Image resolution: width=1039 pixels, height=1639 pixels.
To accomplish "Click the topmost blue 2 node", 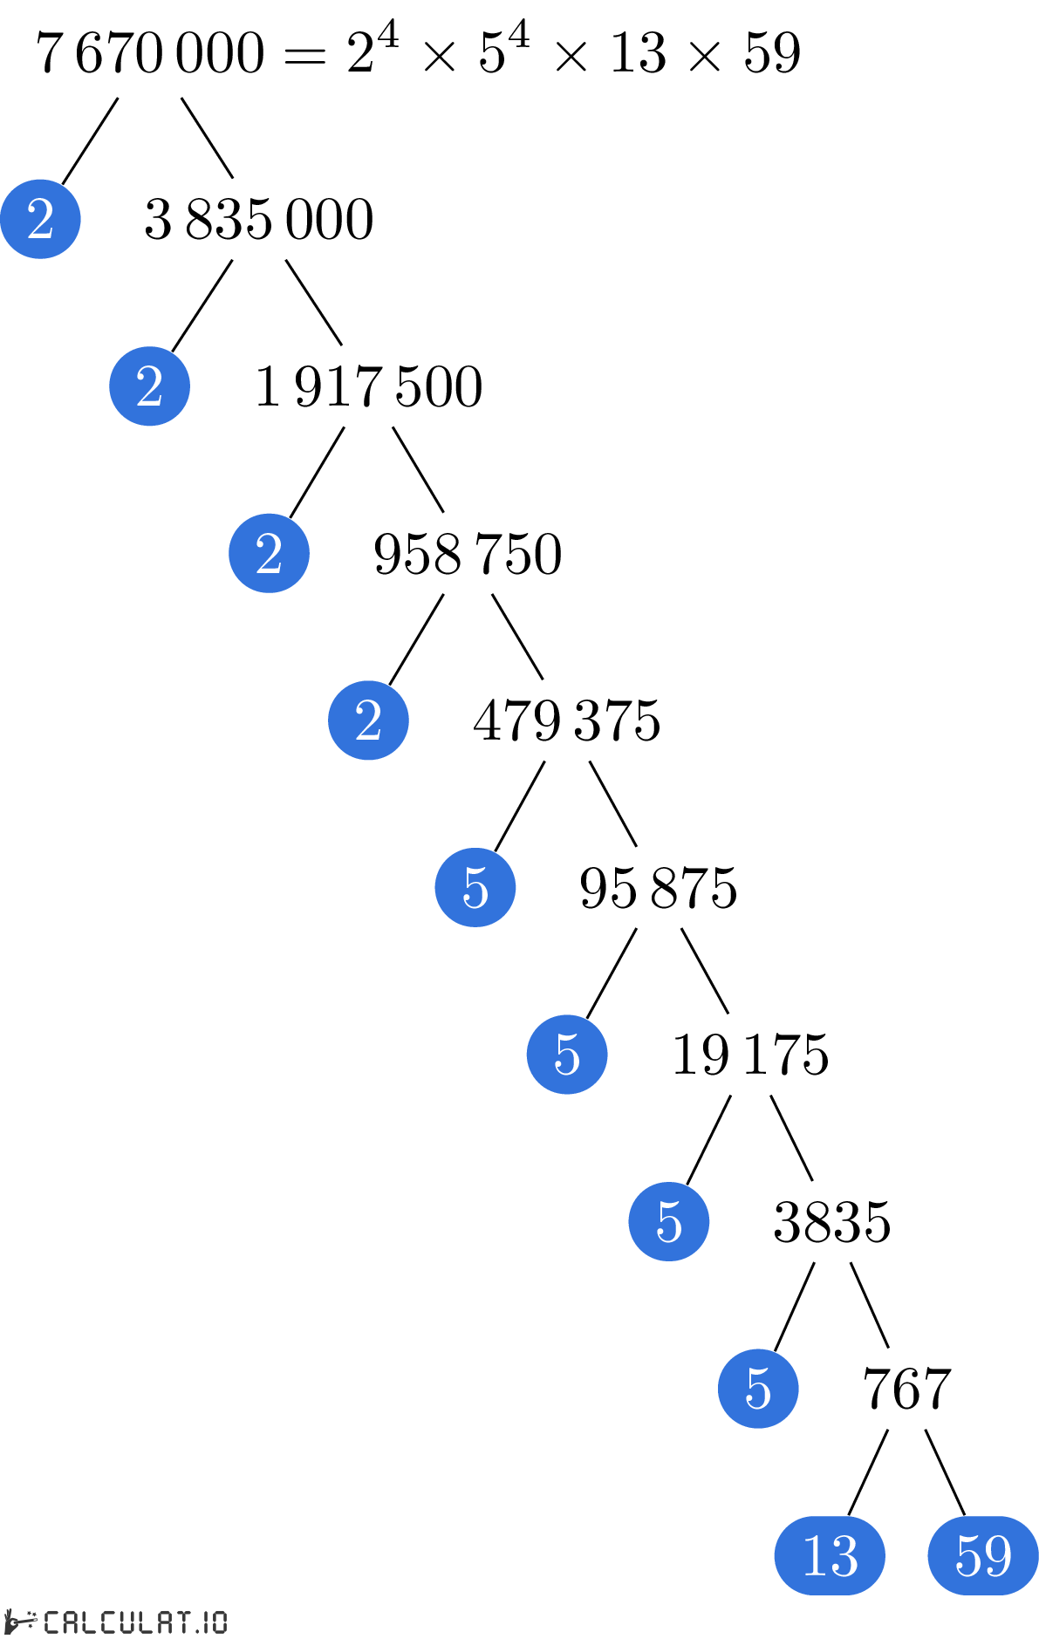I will click(40, 219).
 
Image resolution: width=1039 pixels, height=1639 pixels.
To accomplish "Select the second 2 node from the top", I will click(149, 386).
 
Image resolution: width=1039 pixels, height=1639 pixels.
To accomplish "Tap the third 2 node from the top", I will click(269, 553).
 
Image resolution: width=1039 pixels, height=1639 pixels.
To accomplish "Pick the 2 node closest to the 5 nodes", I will click(368, 720).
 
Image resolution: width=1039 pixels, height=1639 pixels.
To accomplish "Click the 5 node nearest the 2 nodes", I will click(475, 887).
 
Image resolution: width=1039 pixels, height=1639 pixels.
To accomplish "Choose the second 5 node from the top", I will click(567, 1055).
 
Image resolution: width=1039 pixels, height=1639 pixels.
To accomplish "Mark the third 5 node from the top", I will click(669, 1221).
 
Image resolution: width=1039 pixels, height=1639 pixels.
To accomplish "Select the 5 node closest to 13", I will click(758, 1389).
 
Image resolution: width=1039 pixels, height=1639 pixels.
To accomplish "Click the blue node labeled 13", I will click(830, 1555).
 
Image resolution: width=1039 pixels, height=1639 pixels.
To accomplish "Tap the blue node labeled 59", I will click(983, 1555).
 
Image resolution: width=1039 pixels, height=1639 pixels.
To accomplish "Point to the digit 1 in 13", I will click(814, 1555).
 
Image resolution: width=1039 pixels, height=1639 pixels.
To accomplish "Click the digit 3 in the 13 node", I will click(844, 1556).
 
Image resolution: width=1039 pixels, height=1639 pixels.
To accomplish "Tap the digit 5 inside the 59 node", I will click(968, 1556).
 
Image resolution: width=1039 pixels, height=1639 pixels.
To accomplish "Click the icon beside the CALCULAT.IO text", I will click(21, 1622).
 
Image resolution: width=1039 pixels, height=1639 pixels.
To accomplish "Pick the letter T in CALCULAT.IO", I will click(185, 1622).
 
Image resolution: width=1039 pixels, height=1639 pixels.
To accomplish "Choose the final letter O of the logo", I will click(219, 1622).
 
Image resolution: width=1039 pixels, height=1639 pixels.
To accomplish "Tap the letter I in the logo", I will click(207, 1622).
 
